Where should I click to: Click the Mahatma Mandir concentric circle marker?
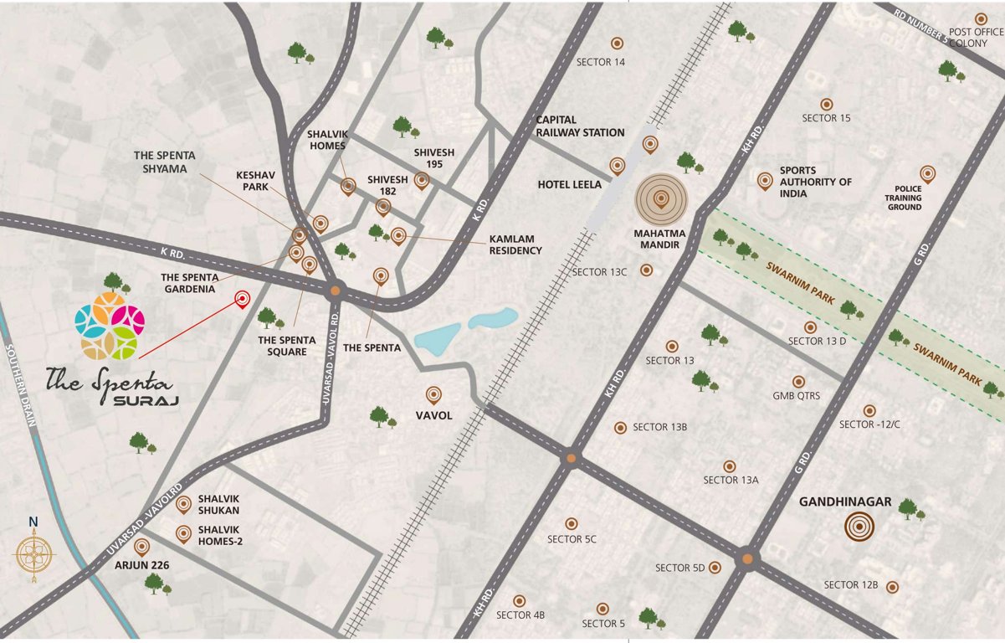660,200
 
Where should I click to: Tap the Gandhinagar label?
845,503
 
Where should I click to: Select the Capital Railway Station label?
580,126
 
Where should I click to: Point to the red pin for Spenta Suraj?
243,299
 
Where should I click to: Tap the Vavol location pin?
433,394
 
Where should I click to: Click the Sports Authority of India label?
815,182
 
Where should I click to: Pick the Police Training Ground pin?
927,174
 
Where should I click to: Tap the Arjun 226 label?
142,565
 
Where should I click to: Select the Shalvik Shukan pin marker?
183,504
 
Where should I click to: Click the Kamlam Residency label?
515,244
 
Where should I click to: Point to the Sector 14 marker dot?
617,44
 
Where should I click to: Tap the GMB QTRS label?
796,396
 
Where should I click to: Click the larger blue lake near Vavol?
437,338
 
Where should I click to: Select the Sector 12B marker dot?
893,587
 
